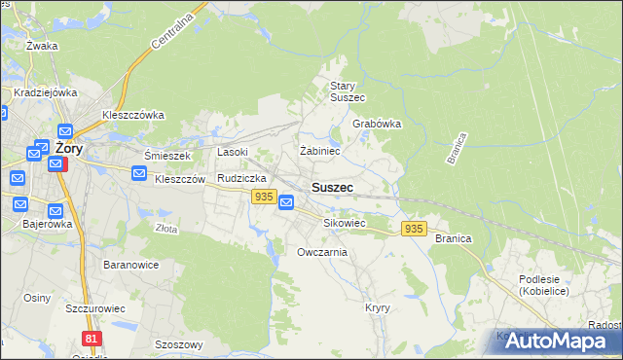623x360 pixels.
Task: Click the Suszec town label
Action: pyautogui.click(x=332, y=187)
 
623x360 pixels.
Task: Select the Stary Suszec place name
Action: pyautogui.click(x=347, y=91)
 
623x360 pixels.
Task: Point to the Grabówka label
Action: pyautogui.click(x=377, y=125)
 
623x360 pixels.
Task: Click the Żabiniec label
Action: pyautogui.click(x=319, y=151)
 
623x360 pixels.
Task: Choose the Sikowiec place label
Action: pyautogui.click(x=344, y=223)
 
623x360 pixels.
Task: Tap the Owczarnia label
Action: pyautogui.click(x=322, y=252)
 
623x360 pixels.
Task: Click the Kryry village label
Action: pyautogui.click(x=378, y=307)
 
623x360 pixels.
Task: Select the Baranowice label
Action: pyautogui.click(x=129, y=264)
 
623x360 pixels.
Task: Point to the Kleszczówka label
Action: pyautogui.click(x=133, y=114)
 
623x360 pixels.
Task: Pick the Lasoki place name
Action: pyautogui.click(x=233, y=152)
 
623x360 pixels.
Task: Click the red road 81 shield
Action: pyautogui.click(x=92, y=338)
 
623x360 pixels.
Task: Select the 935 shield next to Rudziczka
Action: pyautogui.click(x=262, y=197)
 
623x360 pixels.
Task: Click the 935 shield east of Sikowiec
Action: pyautogui.click(x=414, y=228)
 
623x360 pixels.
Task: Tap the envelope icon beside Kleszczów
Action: pyautogui.click(x=139, y=174)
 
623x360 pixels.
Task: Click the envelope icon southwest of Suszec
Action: pyautogui.click(x=286, y=202)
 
